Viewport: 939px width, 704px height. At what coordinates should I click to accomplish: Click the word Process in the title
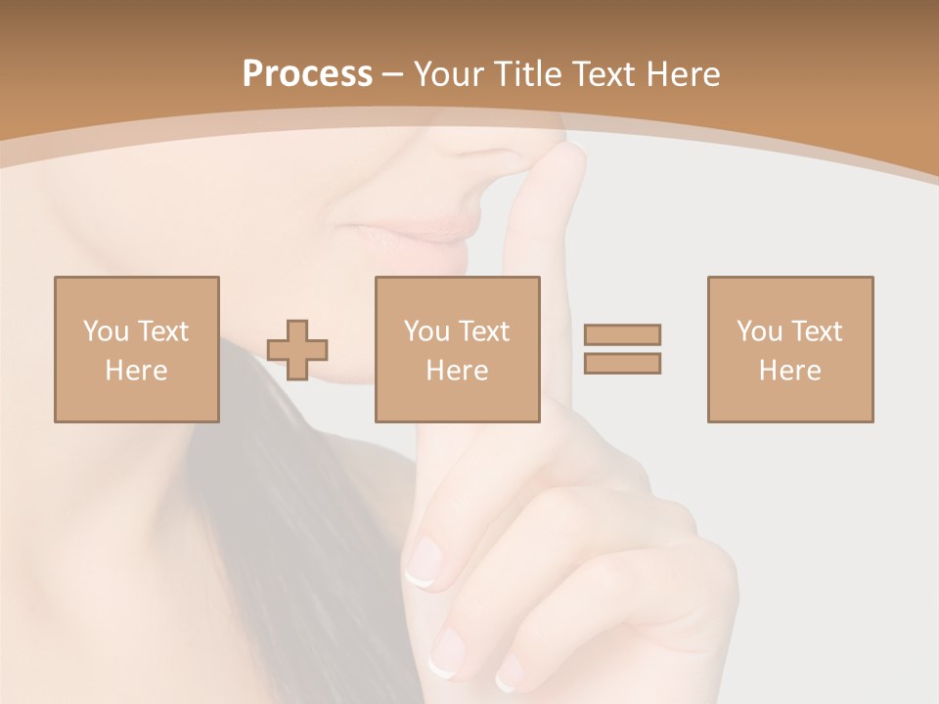pos(307,74)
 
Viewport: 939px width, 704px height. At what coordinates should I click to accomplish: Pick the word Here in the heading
pos(684,74)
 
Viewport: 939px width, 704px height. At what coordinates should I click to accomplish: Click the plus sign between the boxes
pos(297,350)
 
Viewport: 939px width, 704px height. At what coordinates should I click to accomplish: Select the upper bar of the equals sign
pos(622,334)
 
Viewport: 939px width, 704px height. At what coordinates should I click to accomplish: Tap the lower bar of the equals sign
pos(622,363)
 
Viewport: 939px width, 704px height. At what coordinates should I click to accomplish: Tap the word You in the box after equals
pos(758,331)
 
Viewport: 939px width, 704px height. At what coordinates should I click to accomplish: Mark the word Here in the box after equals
pos(789,371)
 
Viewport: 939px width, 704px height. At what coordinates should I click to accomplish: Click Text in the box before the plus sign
pos(161,331)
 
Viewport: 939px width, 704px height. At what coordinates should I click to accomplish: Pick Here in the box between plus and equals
pos(457,371)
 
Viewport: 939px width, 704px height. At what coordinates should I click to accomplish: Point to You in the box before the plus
pos(105,331)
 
